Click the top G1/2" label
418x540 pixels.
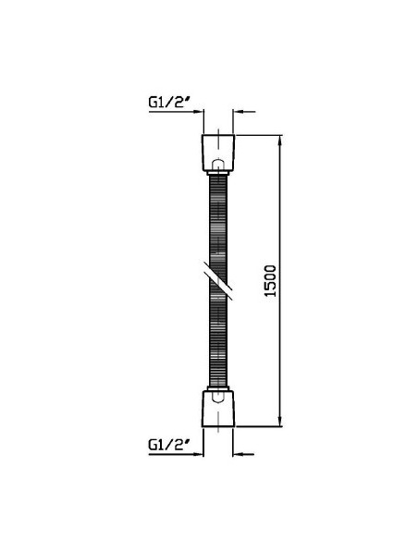point(169,102)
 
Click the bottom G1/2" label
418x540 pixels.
point(169,444)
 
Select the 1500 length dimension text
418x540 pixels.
point(270,281)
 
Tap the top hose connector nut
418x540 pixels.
point(218,153)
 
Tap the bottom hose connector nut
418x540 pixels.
point(218,409)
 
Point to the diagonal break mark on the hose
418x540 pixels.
point(217,280)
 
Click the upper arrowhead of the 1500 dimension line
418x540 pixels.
point(281,141)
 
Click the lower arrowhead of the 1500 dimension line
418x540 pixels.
point(281,421)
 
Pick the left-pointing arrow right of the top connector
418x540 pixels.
point(244,112)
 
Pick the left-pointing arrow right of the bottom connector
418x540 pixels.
point(243,454)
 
